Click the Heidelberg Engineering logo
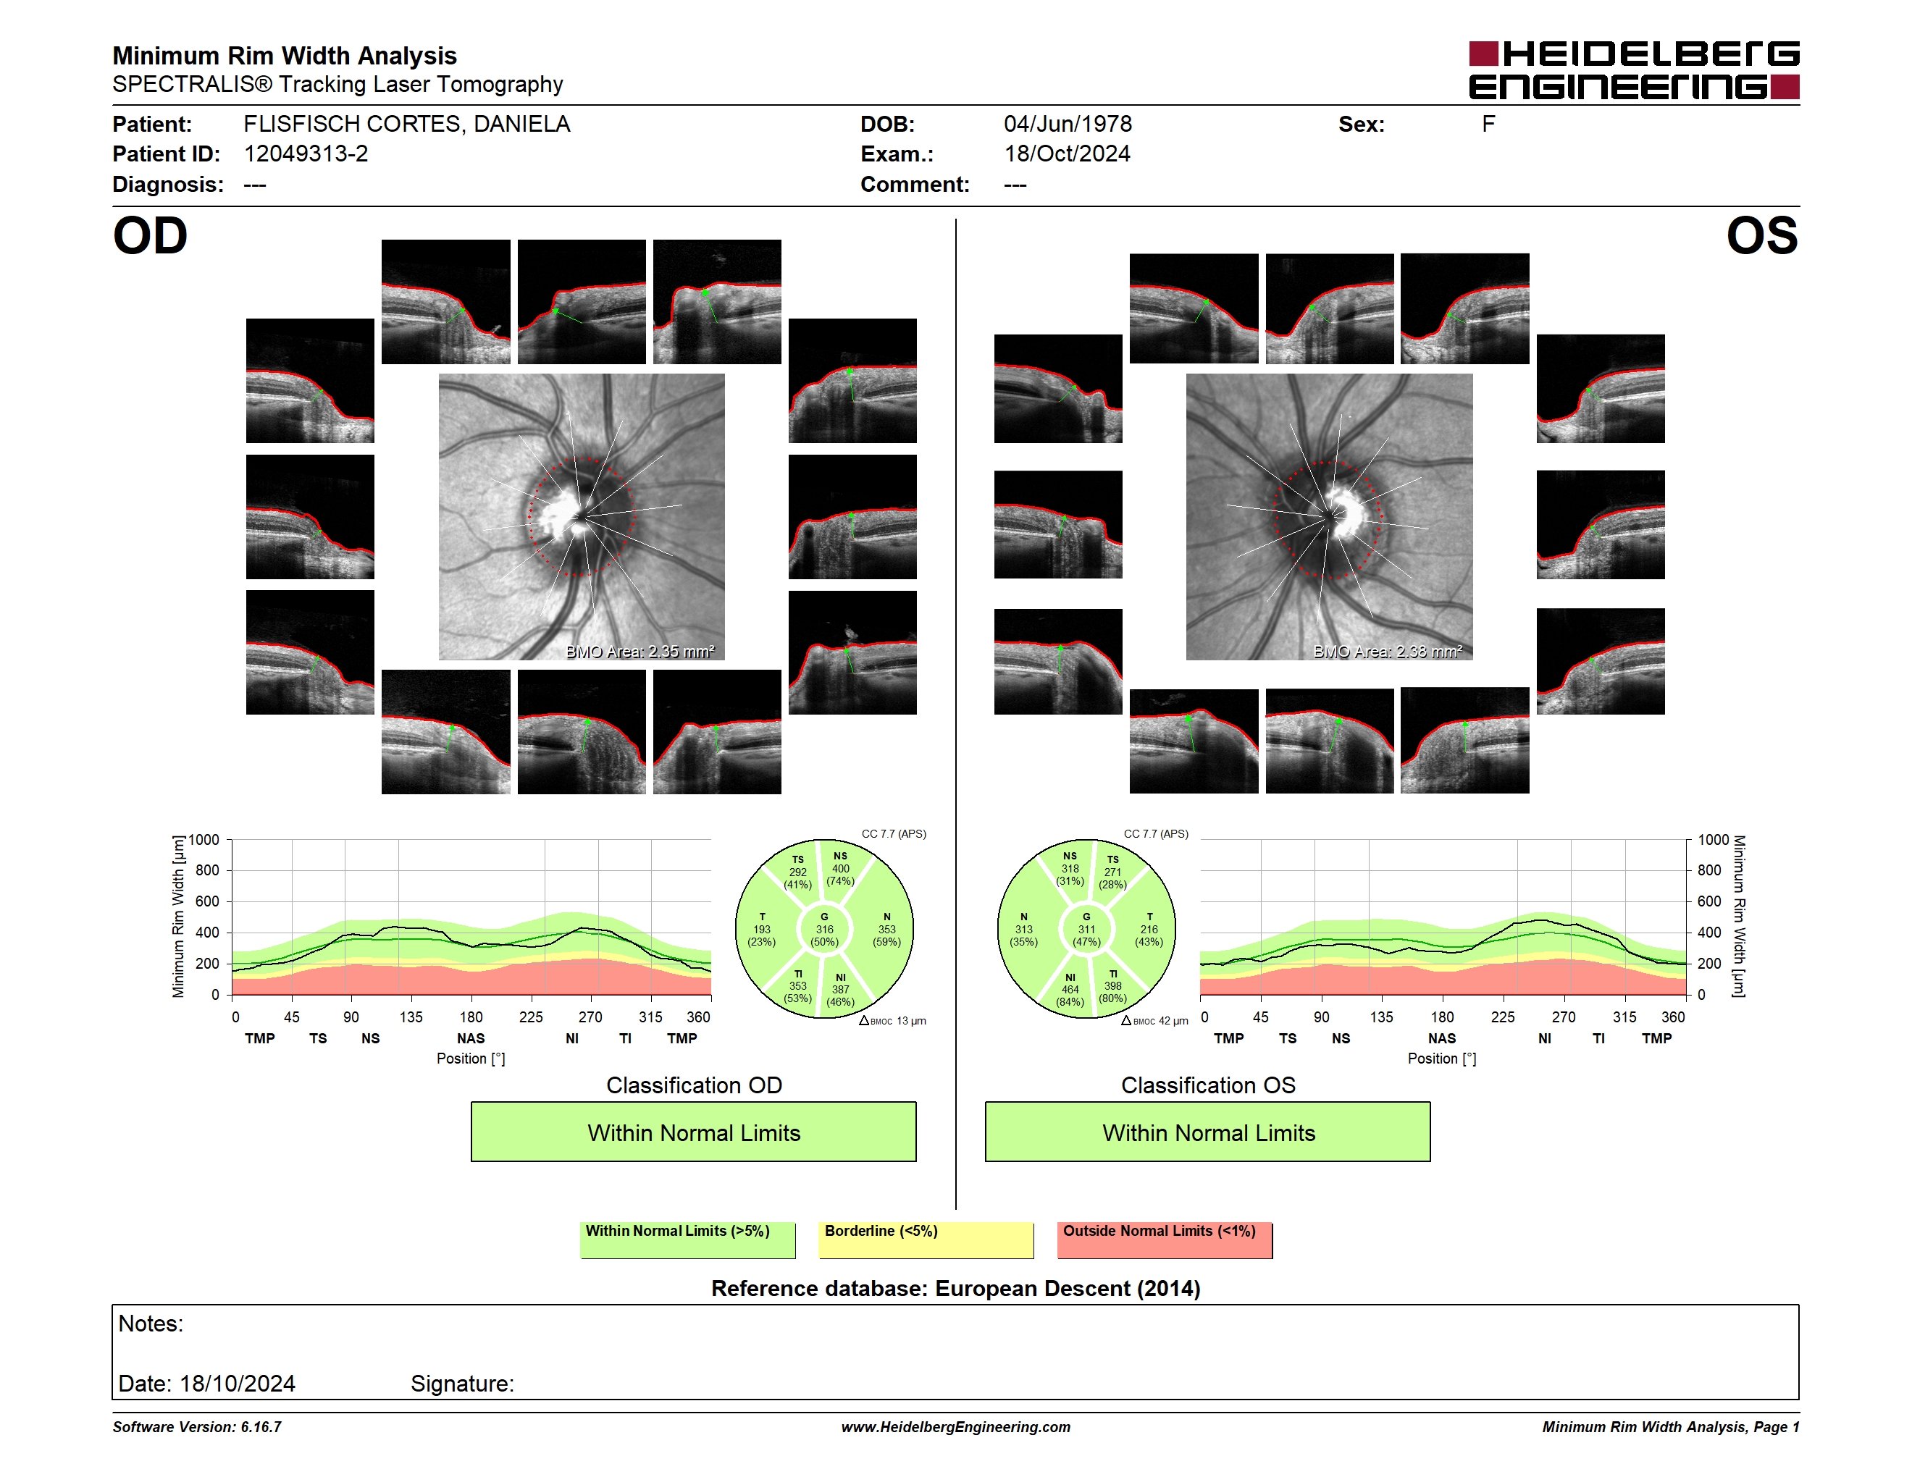(1634, 70)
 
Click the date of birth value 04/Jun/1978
(1068, 125)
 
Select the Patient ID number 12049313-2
(306, 154)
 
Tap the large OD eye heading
(151, 236)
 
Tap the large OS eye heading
(1761, 236)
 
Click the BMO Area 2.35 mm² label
(640, 651)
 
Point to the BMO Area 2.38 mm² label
(1388, 651)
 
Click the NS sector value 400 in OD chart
(840, 869)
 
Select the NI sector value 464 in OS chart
(1070, 990)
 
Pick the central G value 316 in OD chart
(825, 929)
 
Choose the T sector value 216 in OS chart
(1149, 929)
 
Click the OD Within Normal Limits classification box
(693, 1132)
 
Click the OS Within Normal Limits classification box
(1208, 1132)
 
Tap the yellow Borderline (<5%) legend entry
(926, 1240)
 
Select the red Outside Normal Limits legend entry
(1165, 1240)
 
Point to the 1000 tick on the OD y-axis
(204, 840)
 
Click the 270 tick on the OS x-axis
(1564, 1017)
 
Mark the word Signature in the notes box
(462, 1384)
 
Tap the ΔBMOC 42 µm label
(1154, 1021)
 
